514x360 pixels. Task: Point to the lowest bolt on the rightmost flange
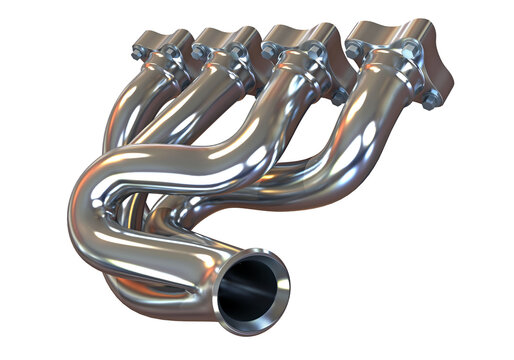[x=431, y=99]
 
